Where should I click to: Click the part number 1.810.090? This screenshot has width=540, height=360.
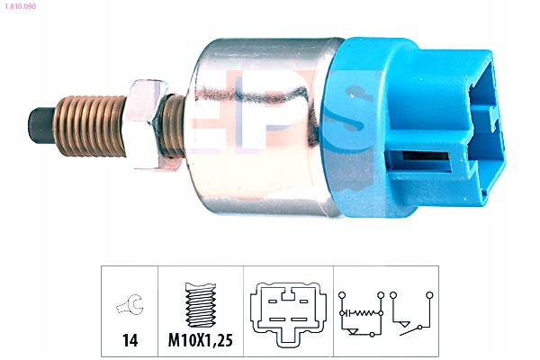click(x=20, y=6)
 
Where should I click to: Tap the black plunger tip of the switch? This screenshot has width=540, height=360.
click(x=40, y=125)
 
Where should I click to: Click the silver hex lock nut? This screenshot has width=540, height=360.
click(x=144, y=125)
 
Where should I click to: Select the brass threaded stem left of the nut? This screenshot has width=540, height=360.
click(x=89, y=126)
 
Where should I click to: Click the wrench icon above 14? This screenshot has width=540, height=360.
click(x=130, y=304)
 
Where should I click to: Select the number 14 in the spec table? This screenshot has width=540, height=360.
click(x=130, y=340)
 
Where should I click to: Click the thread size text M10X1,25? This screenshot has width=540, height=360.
click(x=200, y=340)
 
